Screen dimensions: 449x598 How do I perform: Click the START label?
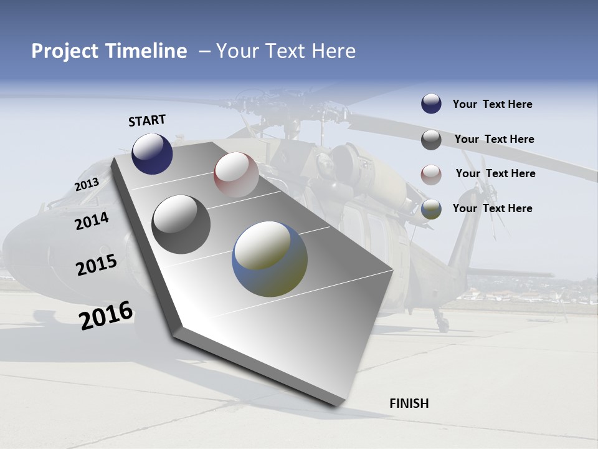coord(147,120)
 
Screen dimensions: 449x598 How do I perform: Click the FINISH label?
coord(409,403)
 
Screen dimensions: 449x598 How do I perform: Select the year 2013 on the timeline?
coord(87,185)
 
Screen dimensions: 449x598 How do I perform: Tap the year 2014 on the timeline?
coord(92,221)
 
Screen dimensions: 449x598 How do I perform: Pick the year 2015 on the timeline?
coord(96,265)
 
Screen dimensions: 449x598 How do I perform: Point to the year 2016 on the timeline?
coord(106,316)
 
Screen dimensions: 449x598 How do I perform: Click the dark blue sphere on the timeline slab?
coord(152,153)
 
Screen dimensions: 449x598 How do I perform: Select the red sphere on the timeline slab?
coord(236,175)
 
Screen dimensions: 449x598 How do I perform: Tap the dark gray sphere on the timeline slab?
coord(181,224)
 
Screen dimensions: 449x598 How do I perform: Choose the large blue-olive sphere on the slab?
coord(270,259)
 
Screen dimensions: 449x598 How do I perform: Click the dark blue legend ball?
coord(431,104)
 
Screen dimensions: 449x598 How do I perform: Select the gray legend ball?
coord(431,140)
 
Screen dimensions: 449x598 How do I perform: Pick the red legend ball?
coord(431,175)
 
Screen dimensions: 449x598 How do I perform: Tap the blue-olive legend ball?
coord(431,209)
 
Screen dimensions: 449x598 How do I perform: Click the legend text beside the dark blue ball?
coord(492,104)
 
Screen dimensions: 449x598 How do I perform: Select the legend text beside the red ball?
coord(495,173)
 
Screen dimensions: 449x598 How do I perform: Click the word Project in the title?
coord(64,51)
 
